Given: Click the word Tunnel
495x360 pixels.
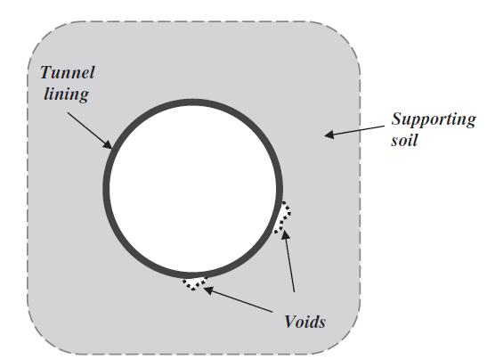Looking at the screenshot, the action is tap(68, 73).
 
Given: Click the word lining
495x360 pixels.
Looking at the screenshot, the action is tap(66, 94).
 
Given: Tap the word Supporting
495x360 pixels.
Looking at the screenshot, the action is tap(434, 120).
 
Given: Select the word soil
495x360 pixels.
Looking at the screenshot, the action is tap(404, 140).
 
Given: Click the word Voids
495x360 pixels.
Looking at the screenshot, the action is tap(305, 322).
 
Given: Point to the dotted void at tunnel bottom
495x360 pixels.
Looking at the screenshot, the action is tap(195, 282).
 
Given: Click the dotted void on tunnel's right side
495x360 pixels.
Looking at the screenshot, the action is tap(283, 217).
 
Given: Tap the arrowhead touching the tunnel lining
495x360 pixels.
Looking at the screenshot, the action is tap(108, 143).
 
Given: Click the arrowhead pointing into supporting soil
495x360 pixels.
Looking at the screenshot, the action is tap(329, 135).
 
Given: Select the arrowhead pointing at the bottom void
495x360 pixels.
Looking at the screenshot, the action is tap(209, 290).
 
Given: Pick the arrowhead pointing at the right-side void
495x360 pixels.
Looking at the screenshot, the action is tap(286, 236).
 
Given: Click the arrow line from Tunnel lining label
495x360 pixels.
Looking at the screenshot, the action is tap(90, 130).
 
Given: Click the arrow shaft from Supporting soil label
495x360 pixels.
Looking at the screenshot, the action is tap(354, 130).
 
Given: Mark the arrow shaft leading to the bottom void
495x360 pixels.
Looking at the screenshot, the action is tap(239, 300).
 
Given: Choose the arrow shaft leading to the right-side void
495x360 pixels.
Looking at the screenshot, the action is tap(289, 261).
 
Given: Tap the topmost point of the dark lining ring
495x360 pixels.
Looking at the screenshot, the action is tap(192, 102).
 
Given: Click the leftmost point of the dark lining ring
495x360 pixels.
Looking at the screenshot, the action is tap(106, 188).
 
